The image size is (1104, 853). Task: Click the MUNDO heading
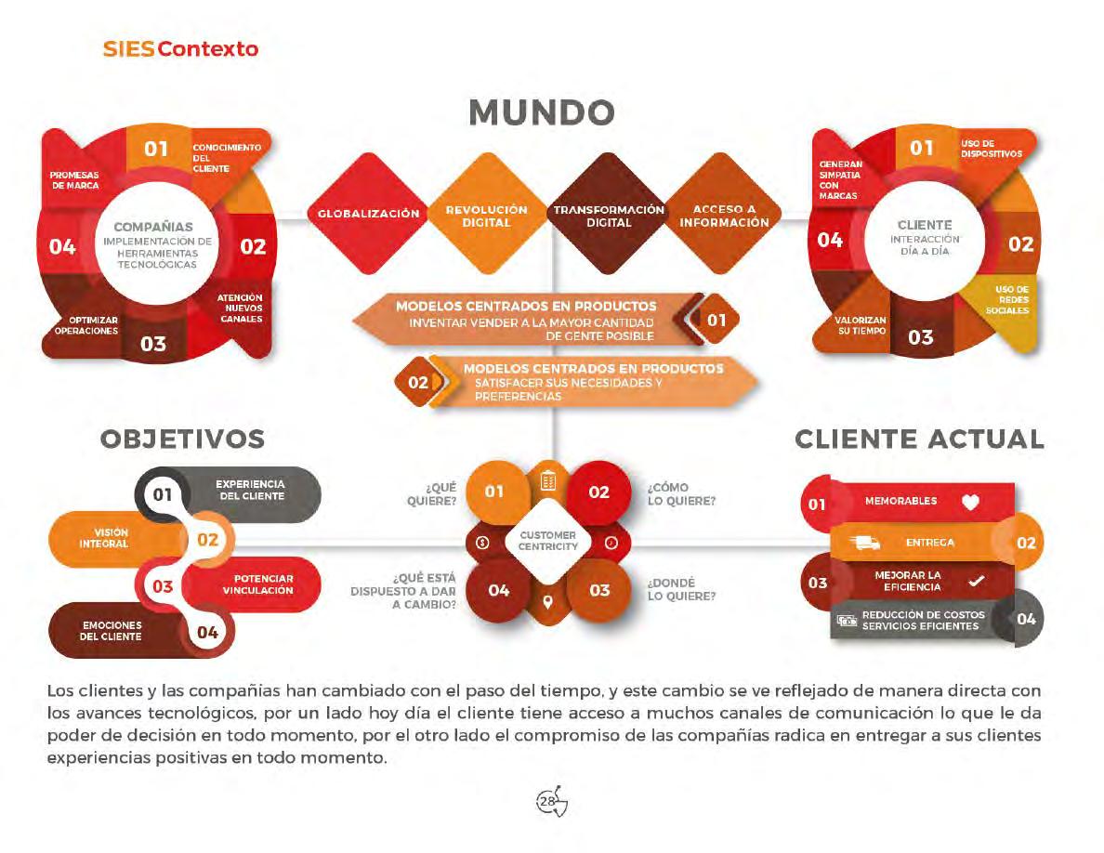[542, 112]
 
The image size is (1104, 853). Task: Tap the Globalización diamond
[368, 214]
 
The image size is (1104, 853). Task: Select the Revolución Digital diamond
[486, 216]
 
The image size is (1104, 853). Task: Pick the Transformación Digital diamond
[609, 216]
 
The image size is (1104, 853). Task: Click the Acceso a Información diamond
[724, 216]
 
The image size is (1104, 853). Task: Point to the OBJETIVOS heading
[182, 439]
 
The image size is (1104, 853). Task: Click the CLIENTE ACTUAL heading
[919, 439]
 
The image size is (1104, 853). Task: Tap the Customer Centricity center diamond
[548, 541]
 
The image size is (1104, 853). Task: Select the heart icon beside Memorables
[970, 502]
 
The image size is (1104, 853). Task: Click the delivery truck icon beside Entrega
[864, 543]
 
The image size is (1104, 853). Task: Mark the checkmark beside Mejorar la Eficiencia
[976, 582]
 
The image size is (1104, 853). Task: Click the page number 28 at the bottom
[548, 800]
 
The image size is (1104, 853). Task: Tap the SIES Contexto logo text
[180, 48]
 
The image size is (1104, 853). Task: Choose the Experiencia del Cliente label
[250, 490]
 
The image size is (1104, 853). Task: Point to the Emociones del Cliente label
[111, 631]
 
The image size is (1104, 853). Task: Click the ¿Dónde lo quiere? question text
[681, 589]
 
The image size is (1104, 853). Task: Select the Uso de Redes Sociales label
[1007, 299]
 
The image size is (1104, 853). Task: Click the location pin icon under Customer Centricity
[547, 603]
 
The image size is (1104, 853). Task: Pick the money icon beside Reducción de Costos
[847, 621]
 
